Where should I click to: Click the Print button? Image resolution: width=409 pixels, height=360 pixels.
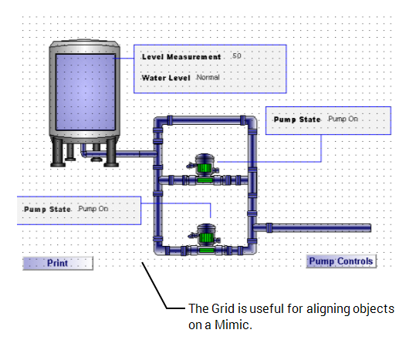58,263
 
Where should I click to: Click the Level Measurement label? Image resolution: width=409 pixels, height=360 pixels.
181,57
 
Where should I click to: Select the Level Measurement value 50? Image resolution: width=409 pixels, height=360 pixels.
236,57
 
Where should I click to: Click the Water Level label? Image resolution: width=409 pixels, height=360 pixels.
165,78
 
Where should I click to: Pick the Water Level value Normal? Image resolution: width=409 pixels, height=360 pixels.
208,78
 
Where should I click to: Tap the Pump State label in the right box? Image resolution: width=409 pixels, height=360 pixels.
297,119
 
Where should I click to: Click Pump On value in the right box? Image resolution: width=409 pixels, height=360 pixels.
343,119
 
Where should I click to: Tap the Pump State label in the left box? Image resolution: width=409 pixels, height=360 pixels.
47,209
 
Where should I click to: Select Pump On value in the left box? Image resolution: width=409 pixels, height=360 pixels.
93,209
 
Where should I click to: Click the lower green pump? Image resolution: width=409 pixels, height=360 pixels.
205,233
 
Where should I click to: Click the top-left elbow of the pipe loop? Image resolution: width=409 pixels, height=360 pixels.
160,122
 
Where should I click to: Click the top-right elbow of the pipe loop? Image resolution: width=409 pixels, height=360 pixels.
252,122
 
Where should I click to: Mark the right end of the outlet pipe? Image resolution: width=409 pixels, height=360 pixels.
368,227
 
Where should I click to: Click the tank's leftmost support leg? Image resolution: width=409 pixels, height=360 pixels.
57,155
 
